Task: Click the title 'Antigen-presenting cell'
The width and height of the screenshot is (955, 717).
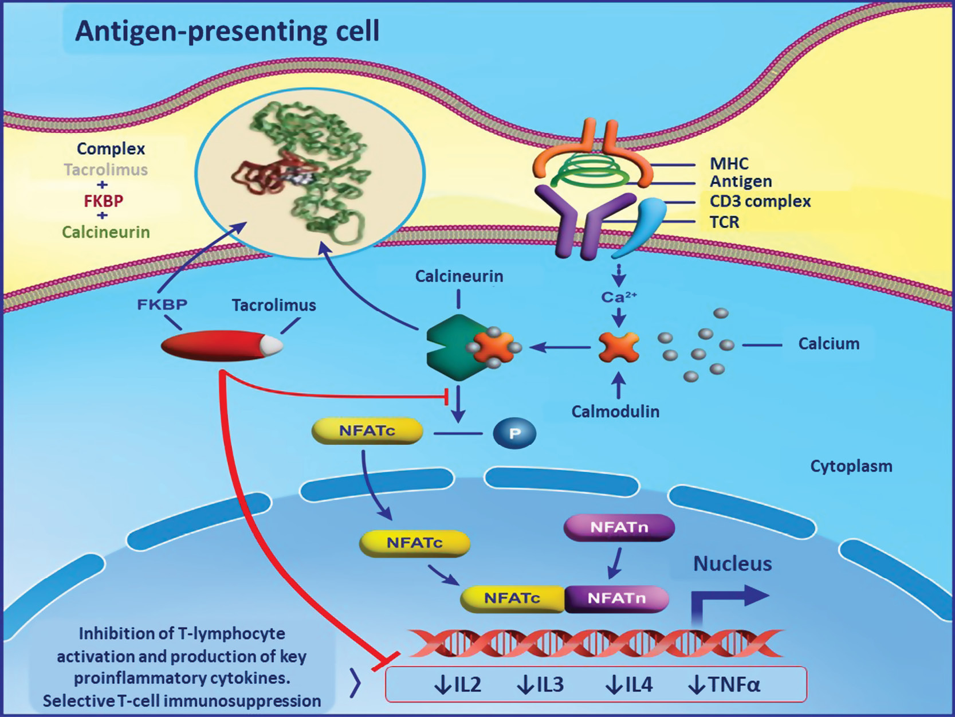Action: tap(227, 31)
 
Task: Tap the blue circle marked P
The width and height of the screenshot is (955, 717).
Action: tap(514, 433)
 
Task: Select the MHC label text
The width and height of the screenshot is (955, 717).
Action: tap(729, 164)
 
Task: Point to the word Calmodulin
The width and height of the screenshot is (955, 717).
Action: tap(615, 412)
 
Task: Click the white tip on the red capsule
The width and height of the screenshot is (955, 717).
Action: tap(272, 345)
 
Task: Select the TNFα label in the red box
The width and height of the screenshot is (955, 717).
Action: tap(724, 685)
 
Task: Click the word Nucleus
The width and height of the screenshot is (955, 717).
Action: tap(732, 564)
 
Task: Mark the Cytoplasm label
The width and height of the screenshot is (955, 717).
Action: tap(851, 466)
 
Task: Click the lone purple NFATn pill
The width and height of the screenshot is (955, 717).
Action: tap(619, 527)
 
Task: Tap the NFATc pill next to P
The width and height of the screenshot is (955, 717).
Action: tap(367, 431)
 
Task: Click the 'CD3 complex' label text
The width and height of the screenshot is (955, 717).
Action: tap(760, 202)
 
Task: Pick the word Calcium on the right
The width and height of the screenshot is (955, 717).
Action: tap(828, 344)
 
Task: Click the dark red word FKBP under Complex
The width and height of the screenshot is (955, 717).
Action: tap(103, 201)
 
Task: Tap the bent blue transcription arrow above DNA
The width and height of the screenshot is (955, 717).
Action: tap(728, 602)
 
